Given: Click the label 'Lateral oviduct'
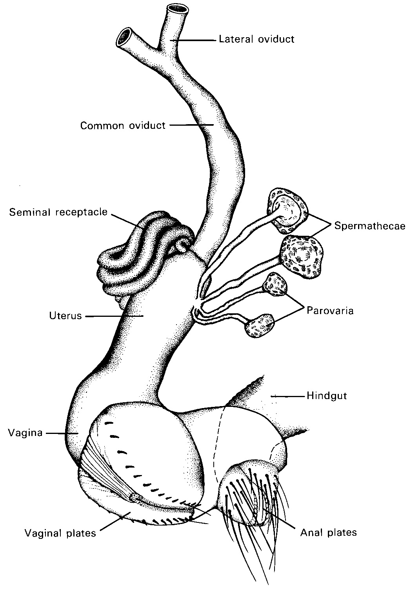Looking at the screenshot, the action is coord(256,39).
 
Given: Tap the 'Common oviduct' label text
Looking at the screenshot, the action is coord(123,126).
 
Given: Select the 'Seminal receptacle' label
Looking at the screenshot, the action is coord(58,212).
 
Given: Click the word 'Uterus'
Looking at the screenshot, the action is coord(65,316).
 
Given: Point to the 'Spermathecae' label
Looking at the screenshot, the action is coord(369,226).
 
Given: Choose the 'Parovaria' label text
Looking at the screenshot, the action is coord(330,311).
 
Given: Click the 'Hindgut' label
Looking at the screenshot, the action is coord(327,396).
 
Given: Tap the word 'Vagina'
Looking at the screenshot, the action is coord(25,433).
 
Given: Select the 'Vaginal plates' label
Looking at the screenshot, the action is coord(60,533).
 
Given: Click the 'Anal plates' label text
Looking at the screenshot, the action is coord(329,532).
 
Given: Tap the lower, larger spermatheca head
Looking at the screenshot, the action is coord(301,257).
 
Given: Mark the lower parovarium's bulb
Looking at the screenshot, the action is coord(259,325).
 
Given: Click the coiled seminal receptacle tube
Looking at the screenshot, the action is coord(133,255).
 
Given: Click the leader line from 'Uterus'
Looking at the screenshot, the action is coord(114,316).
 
